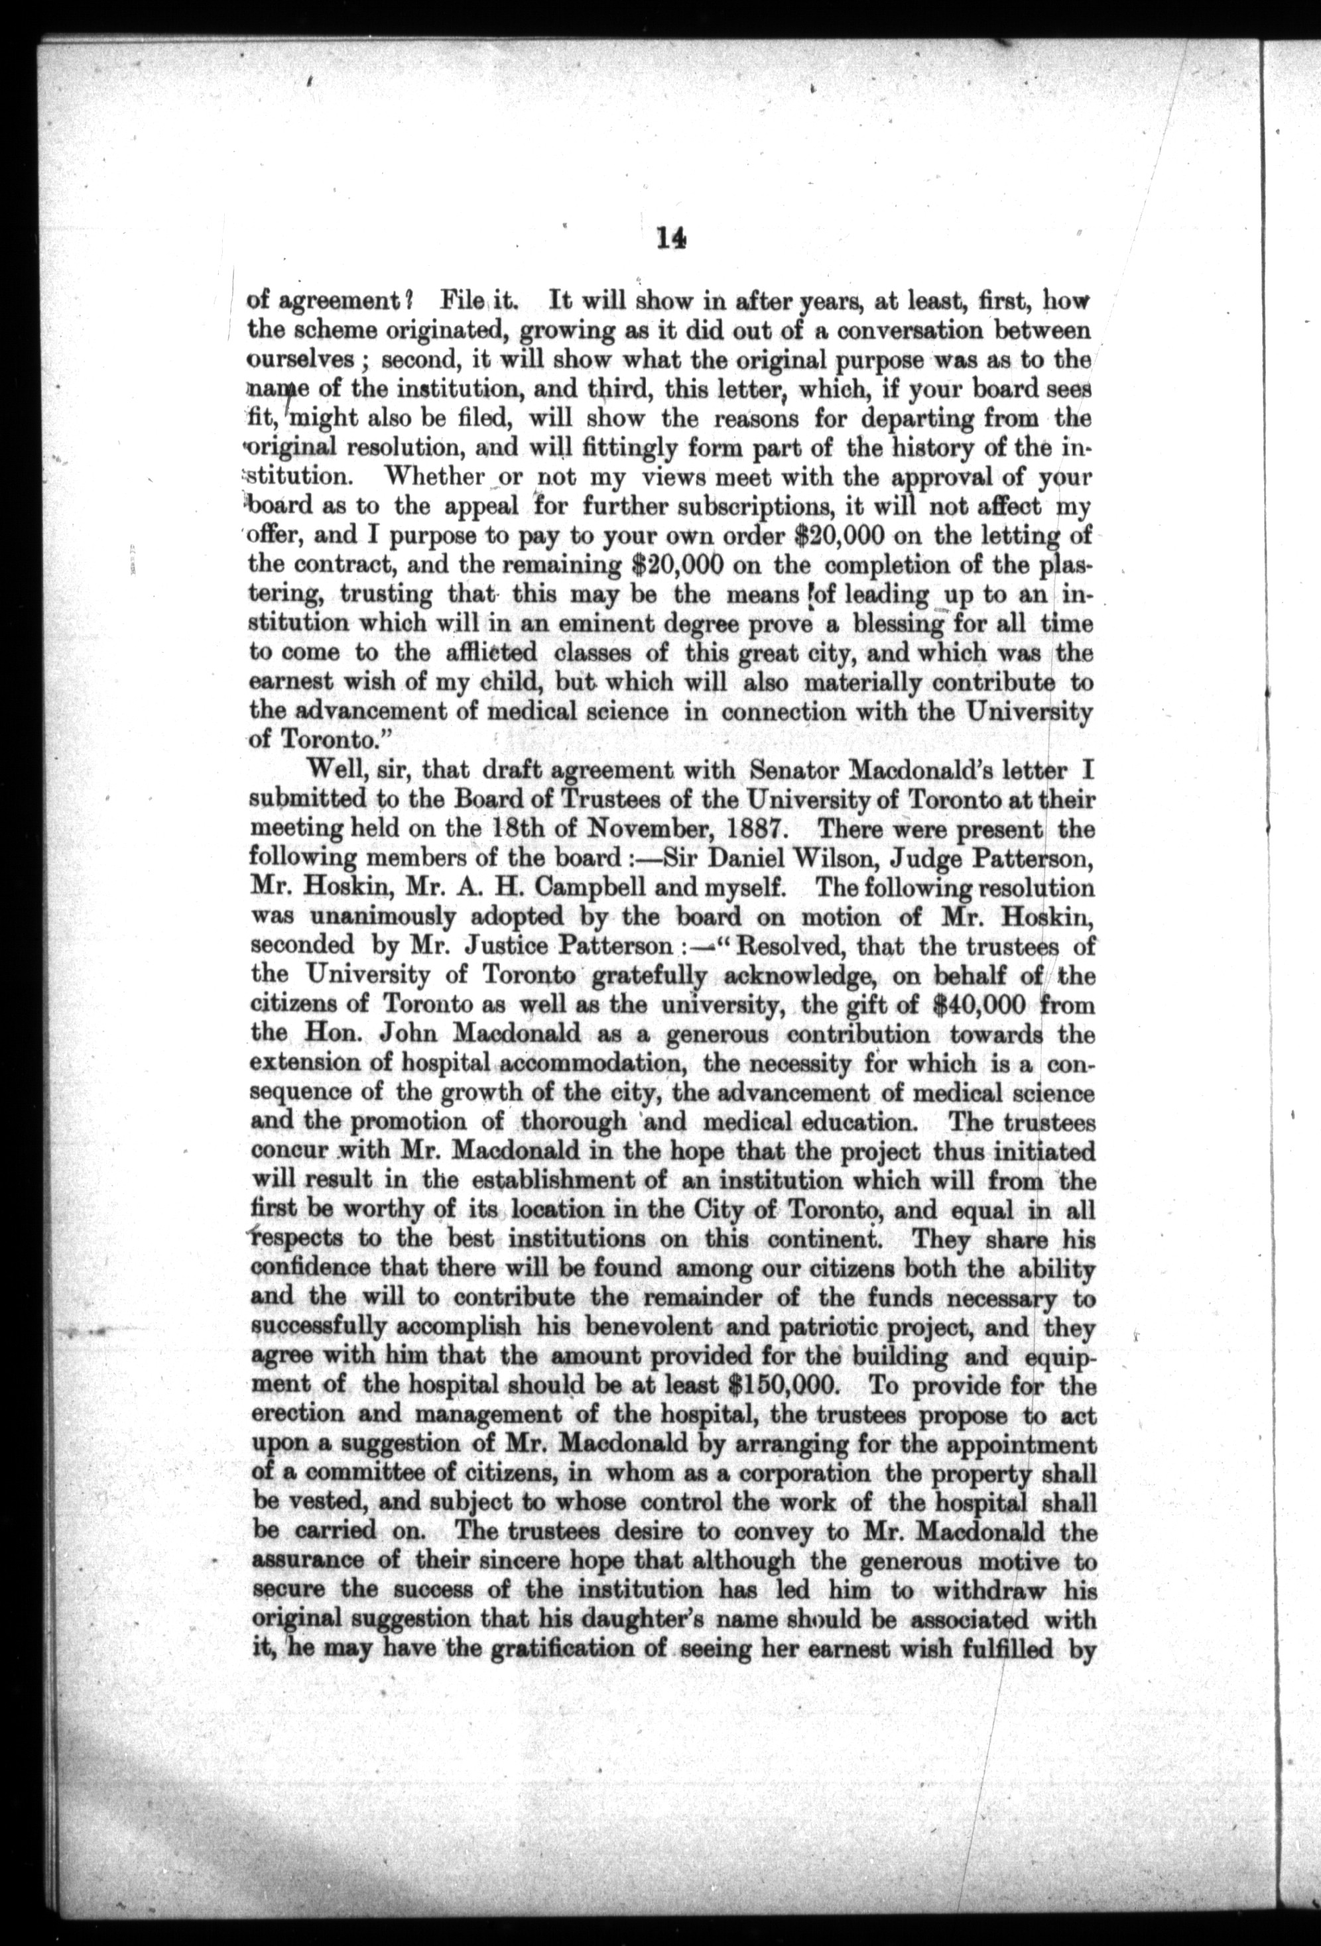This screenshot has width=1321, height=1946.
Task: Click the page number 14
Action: pos(671,239)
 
